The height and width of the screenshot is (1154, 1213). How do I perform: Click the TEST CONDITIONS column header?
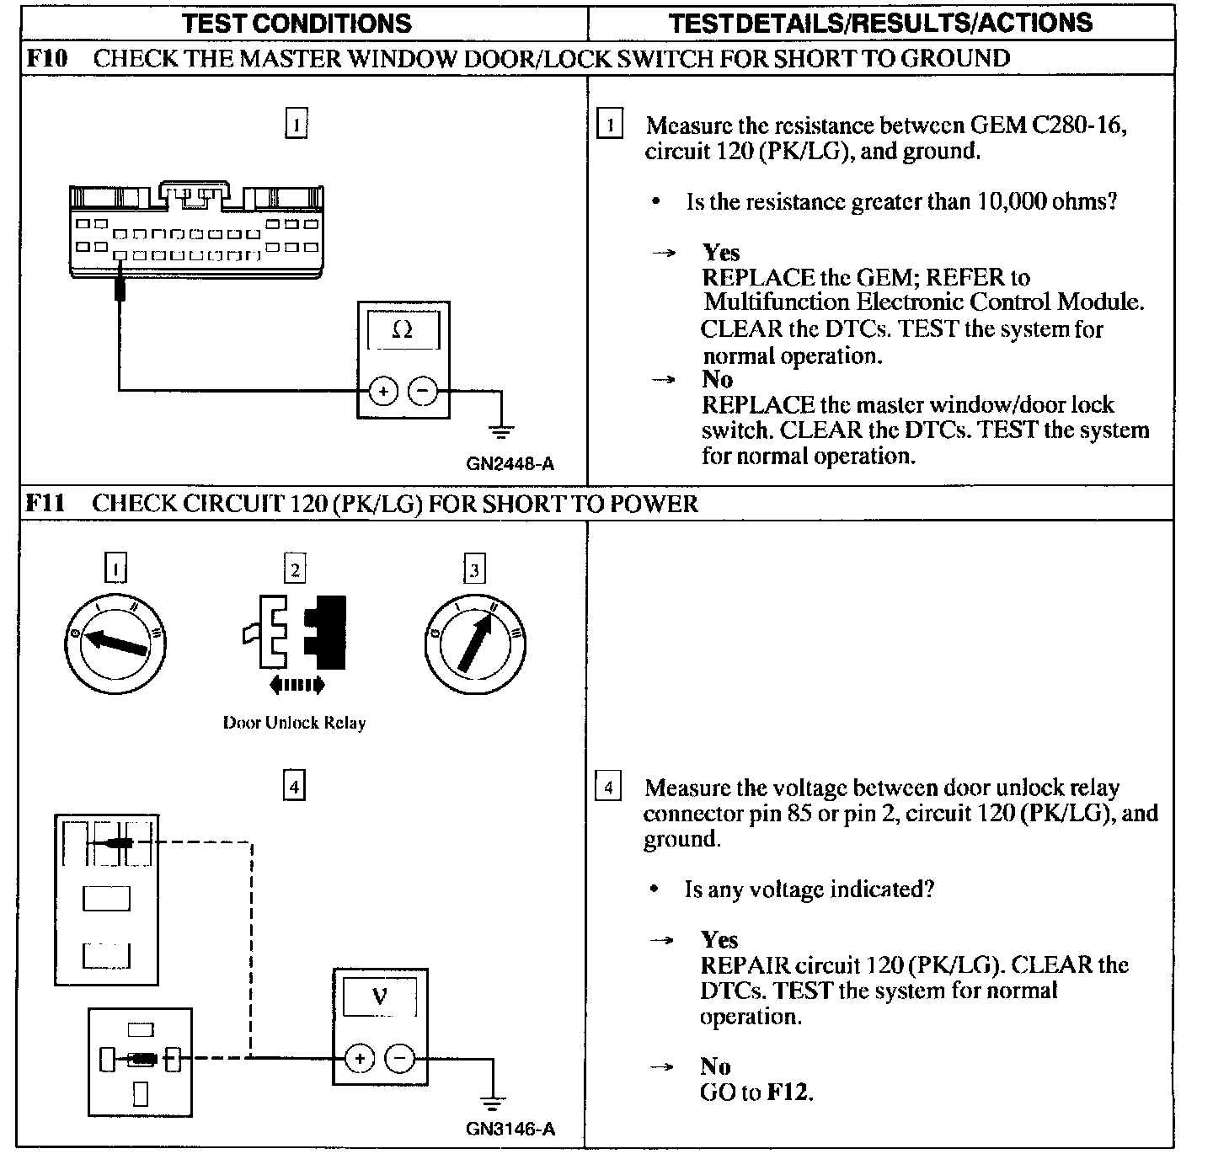[x=297, y=23]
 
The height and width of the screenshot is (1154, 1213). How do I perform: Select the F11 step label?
[x=45, y=504]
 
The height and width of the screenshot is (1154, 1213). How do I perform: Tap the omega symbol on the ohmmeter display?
[x=403, y=330]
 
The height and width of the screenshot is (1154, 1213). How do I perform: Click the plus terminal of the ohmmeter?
[x=382, y=391]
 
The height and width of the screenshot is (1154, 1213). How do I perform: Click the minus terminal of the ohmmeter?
[x=423, y=391]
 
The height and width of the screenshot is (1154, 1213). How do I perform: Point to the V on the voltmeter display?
[x=380, y=997]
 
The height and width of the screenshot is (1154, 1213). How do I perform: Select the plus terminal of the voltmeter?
[x=360, y=1058]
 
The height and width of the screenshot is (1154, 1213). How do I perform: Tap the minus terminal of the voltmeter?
[x=399, y=1058]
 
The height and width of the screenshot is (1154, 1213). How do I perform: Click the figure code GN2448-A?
[x=510, y=464]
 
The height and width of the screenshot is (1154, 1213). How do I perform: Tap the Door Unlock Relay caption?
[x=294, y=723]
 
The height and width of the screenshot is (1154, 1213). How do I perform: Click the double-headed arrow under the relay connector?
[x=296, y=686]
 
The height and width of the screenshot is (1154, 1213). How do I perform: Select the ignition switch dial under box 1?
[x=116, y=644]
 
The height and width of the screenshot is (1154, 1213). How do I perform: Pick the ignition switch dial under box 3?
[x=475, y=644]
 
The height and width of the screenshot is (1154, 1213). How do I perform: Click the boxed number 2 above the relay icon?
[x=295, y=569]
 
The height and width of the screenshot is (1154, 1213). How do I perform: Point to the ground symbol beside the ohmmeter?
[x=501, y=432]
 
